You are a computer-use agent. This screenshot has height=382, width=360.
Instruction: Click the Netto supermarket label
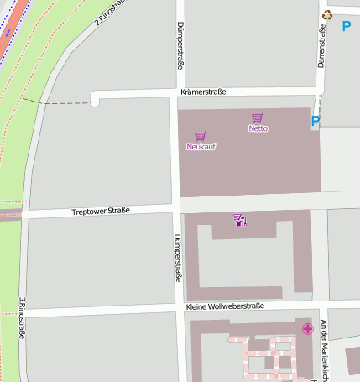pyautogui.click(x=258, y=128)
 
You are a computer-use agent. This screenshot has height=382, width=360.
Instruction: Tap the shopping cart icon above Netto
pyautogui.click(x=257, y=118)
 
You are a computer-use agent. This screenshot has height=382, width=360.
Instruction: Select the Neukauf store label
pyautogui.click(x=201, y=147)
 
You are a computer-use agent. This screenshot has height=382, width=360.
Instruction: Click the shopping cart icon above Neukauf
pyautogui.click(x=200, y=136)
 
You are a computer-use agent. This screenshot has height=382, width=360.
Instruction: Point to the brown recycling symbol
pyautogui.click(x=327, y=14)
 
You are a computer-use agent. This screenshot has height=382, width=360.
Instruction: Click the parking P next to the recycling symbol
pyautogui.click(x=346, y=26)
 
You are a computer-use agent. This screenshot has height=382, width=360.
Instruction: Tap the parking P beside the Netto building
pyautogui.click(x=316, y=121)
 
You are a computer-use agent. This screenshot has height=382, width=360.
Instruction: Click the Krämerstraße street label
pyautogui.click(x=202, y=92)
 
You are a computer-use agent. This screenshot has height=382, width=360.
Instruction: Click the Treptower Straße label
pyautogui.click(x=101, y=211)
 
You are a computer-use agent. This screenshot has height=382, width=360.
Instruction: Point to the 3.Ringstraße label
pyautogui.click(x=21, y=318)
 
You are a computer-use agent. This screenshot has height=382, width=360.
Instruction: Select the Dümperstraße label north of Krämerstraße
pyautogui.click(x=180, y=45)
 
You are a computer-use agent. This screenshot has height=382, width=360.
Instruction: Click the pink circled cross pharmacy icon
pyautogui.click(x=307, y=328)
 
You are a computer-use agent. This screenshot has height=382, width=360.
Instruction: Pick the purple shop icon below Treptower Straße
pyautogui.click(x=240, y=220)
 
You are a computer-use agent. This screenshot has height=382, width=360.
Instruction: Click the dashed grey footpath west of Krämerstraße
pyautogui.click(x=59, y=102)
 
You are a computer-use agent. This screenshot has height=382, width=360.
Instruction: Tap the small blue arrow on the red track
pyautogui.click(x=8, y=32)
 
